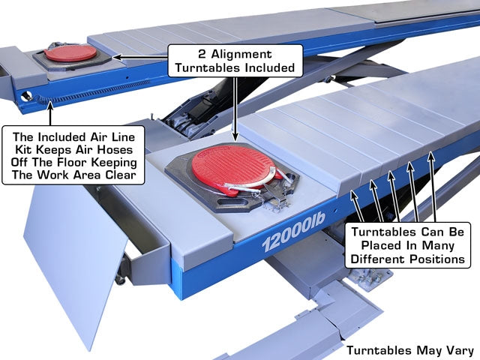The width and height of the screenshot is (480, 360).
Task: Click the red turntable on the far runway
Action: pyautogui.click(x=70, y=53)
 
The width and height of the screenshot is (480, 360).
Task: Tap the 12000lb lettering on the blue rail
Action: pyautogui.click(x=293, y=232)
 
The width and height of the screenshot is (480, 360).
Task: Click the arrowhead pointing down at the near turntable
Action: pyautogui.click(x=235, y=136)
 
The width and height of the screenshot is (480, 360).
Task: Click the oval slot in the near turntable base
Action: pyautogui.click(x=233, y=202)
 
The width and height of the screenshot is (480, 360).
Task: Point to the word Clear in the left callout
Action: pyautogui.click(x=121, y=175)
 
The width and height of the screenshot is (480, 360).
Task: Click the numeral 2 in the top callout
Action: pyautogui.click(x=202, y=54)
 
